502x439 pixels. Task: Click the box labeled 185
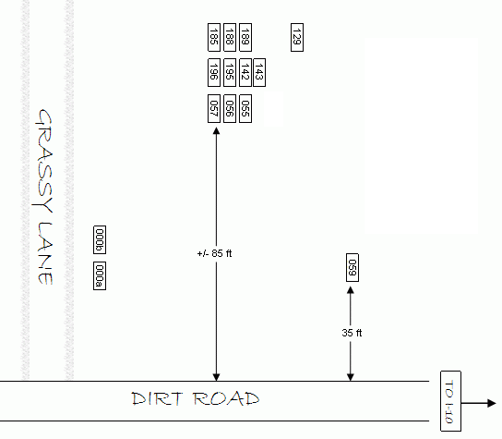214,37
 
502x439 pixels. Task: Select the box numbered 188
230,37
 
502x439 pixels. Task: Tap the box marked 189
245,37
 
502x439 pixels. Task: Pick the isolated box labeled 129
297,37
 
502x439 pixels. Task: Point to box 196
214,72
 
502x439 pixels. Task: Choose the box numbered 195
230,72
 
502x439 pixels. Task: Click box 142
245,72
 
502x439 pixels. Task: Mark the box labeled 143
259,72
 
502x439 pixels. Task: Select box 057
214,108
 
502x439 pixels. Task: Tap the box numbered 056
230,108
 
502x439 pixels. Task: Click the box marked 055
245,108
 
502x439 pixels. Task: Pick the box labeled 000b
100,240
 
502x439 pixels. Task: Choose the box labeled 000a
100,275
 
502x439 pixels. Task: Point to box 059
353,267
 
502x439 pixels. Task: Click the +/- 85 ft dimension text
214,253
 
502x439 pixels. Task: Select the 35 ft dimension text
352,333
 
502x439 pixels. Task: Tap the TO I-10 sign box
450,401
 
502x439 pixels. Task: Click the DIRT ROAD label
196,398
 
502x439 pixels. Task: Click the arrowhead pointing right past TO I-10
492,403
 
